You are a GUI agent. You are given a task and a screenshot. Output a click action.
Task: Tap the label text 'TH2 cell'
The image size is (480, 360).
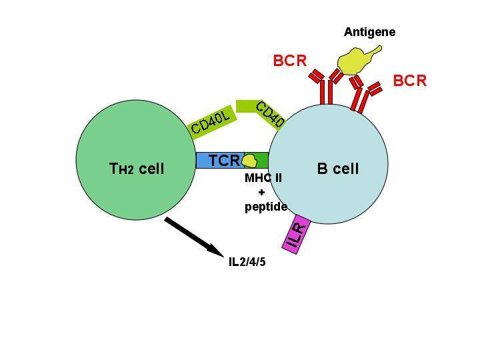point(136,169)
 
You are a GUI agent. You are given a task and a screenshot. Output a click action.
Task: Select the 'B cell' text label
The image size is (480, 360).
point(337,169)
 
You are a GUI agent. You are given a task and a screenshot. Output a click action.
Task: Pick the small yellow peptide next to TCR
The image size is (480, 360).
point(249,161)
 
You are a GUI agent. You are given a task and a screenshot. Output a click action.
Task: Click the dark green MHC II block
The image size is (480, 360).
point(263,161)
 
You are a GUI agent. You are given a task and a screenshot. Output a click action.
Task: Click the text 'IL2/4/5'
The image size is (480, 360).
point(247,261)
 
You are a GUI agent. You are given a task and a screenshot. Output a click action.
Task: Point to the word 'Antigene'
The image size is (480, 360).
point(369,32)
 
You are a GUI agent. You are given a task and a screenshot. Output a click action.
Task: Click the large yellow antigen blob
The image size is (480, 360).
point(355,61)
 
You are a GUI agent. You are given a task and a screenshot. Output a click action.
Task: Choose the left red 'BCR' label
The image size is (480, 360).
point(289,61)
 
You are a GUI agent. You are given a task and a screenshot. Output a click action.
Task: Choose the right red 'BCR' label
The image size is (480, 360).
point(409,81)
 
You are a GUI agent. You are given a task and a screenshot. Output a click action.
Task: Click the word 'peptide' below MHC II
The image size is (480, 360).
point(265,207)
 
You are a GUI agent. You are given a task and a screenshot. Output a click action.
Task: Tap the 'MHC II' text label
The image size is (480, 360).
point(264,178)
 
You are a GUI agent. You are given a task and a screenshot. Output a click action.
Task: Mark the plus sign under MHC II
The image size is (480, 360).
point(261,192)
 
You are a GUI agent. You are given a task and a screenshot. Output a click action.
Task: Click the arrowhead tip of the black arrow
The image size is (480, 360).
point(223,253)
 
